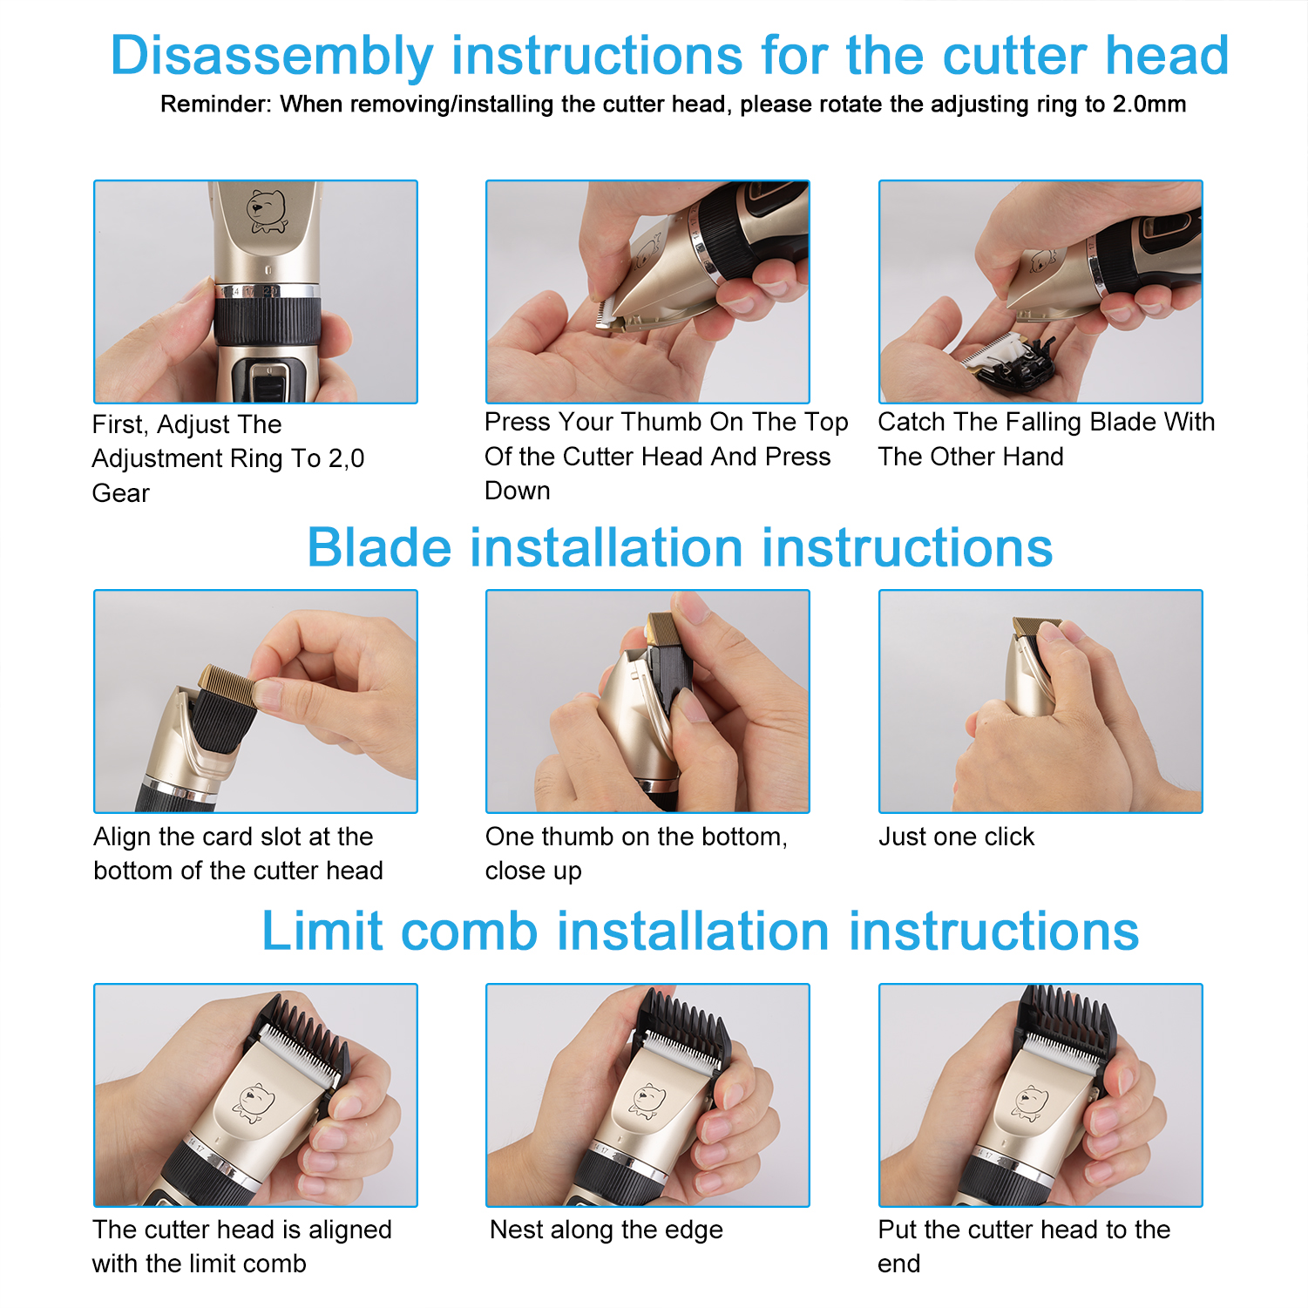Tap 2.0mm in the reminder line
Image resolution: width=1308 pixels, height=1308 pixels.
pyautogui.click(x=1149, y=105)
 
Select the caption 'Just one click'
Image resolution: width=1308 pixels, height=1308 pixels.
pyautogui.click(x=956, y=837)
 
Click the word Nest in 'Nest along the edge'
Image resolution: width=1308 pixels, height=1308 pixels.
pyautogui.click(x=518, y=1230)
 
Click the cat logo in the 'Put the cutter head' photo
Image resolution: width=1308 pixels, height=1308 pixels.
pyautogui.click(x=1030, y=1102)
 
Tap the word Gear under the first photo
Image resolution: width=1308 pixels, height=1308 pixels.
pyautogui.click(x=121, y=493)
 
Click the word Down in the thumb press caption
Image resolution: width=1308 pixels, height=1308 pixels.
pyautogui.click(x=518, y=491)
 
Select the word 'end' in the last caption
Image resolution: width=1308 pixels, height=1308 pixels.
pyautogui.click(x=899, y=1264)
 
